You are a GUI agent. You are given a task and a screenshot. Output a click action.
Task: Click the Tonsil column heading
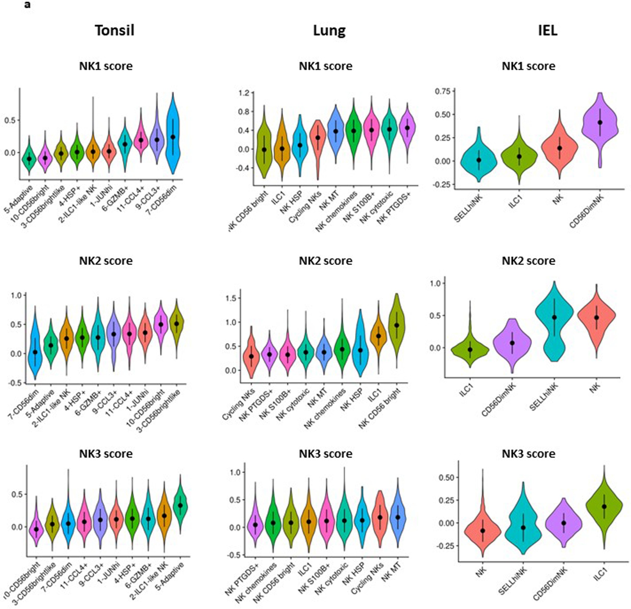(x=114, y=31)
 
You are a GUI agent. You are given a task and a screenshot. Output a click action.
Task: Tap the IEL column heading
(x=548, y=31)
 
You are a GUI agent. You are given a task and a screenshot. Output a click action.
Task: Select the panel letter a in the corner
(x=27, y=4)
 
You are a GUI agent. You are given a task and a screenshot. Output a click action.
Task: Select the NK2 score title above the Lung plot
(x=325, y=260)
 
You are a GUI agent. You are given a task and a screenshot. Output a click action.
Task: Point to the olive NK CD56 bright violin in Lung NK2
(x=397, y=325)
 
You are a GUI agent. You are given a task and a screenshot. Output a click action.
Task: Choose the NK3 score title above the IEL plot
(x=528, y=454)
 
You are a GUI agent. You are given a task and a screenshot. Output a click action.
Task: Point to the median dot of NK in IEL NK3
(x=483, y=530)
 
